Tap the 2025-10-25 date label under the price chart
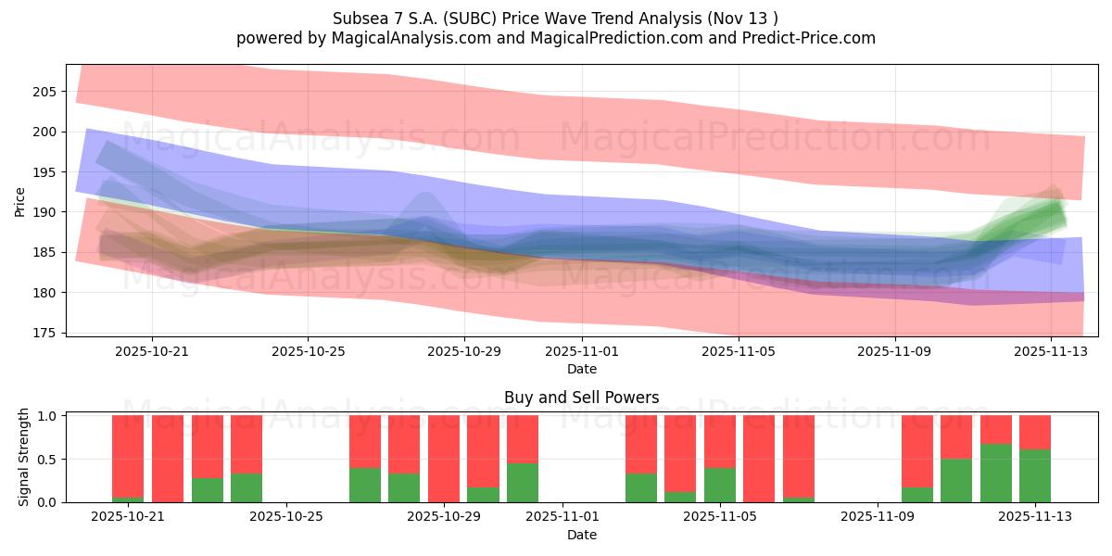click(308, 352)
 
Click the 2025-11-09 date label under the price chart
click(895, 352)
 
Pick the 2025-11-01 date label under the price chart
click(582, 352)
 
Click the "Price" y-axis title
click(20, 200)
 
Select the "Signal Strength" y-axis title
click(24, 458)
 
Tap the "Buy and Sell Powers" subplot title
click(581, 398)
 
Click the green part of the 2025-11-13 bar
click(1034, 476)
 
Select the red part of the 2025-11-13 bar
click(1034, 432)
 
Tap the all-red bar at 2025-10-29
click(444, 459)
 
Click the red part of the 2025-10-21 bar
click(128, 454)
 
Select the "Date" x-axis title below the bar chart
click(581, 535)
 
